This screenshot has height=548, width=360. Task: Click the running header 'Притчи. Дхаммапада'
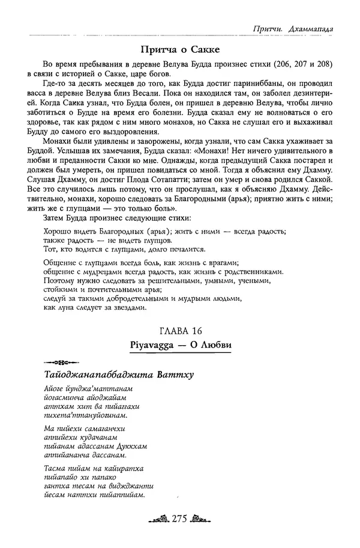click(295, 28)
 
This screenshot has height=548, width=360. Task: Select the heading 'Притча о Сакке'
click(180, 49)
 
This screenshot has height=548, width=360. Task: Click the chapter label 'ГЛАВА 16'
click(180, 331)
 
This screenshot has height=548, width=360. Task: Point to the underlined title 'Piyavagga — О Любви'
click(180, 345)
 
